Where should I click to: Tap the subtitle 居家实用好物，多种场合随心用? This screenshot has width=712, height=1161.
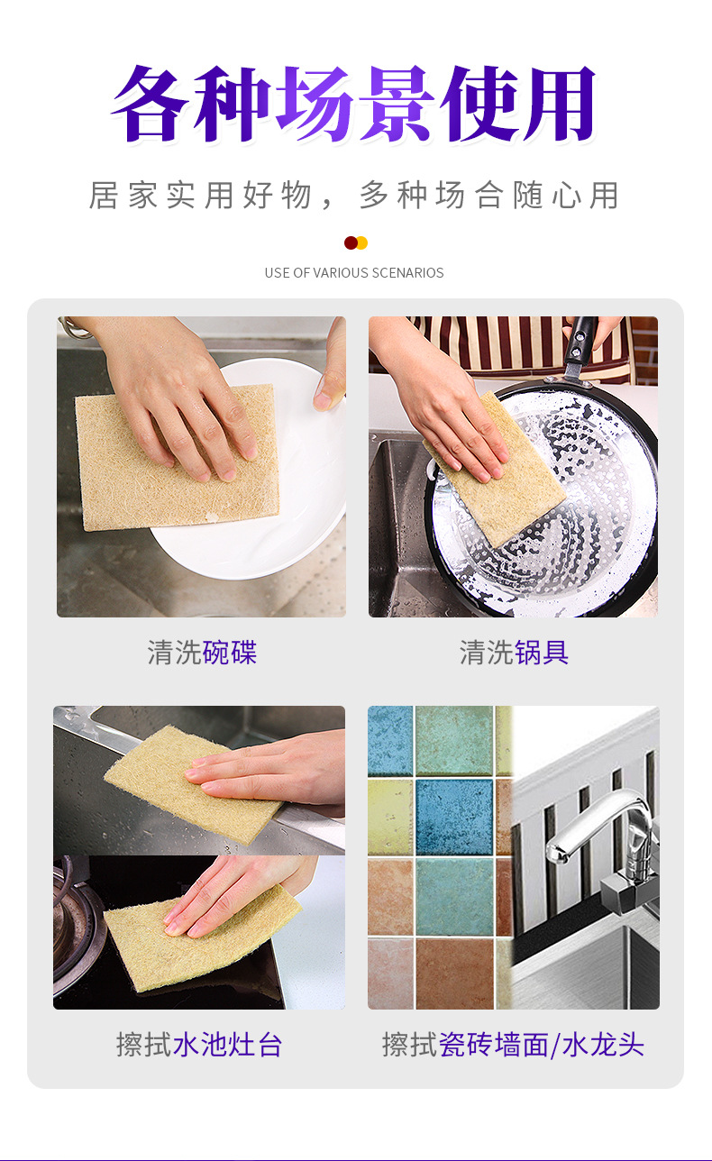(x=354, y=196)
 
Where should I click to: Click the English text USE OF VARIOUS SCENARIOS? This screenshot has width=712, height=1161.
(x=354, y=272)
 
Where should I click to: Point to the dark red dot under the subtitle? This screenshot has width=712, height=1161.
(x=351, y=242)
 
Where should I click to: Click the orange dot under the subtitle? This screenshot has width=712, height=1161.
(x=362, y=242)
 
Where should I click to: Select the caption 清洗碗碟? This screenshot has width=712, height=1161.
(x=202, y=652)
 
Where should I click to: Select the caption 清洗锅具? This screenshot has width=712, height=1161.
(x=514, y=652)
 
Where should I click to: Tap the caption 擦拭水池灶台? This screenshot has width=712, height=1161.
(x=199, y=1045)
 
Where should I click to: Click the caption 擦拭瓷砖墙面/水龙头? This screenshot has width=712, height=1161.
(x=513, y=1045)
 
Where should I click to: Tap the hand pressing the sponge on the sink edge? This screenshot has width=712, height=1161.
(x=270, y=766)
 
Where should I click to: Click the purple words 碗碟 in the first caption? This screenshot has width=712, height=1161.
(x=230, y=652)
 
